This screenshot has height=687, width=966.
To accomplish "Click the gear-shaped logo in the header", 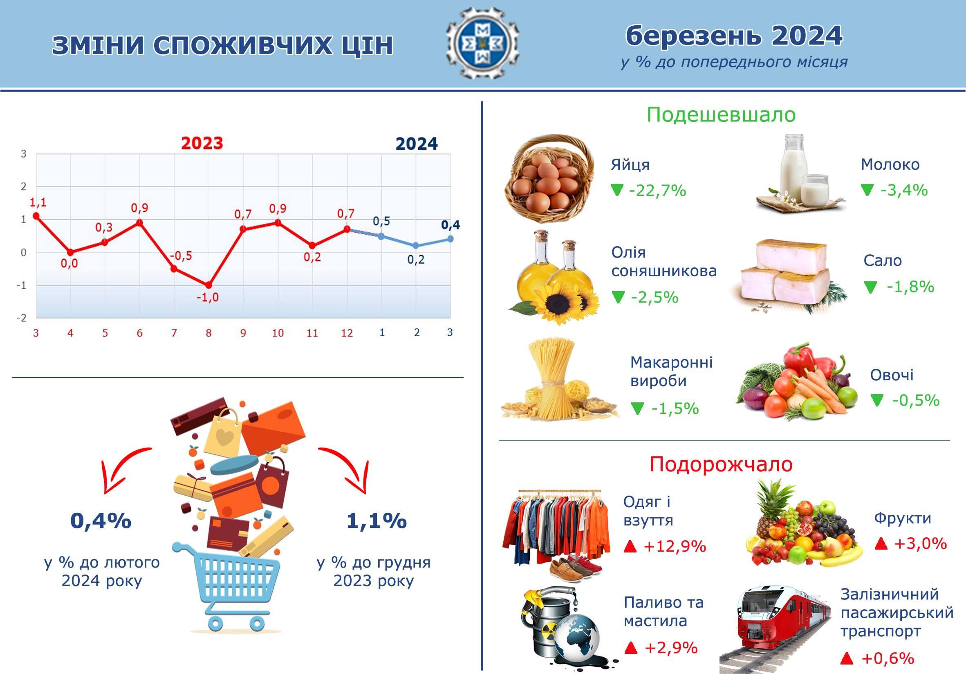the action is click(x=482, y=43).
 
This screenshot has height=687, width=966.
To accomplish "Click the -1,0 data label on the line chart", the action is click(x=208, y=297).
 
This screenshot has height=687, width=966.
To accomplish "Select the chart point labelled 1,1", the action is click(x=36, y=216).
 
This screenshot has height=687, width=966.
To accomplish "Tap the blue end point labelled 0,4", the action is click(x=451, y=239).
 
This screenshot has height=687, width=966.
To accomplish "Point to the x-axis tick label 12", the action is click(x=347, y=333).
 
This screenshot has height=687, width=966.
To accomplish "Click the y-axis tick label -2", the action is click(x=21, y=318).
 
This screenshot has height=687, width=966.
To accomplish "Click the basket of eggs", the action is click(x=550, y=179).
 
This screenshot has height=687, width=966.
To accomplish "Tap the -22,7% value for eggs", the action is click(x=657, y=191).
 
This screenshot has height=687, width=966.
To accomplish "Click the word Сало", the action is click(x=882, y=260).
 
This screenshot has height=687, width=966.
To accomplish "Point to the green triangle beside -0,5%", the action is click(x=877, y=400).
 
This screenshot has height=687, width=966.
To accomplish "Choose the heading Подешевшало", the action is click(x=721, y=114).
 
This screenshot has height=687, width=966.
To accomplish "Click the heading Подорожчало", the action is click(x=721, y=465).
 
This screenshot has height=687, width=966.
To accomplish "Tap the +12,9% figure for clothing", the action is click(x=675, y=546).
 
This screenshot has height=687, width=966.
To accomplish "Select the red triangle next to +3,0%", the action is click(x=881, y=543).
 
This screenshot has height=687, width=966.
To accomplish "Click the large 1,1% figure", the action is click(x=377, y=521).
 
